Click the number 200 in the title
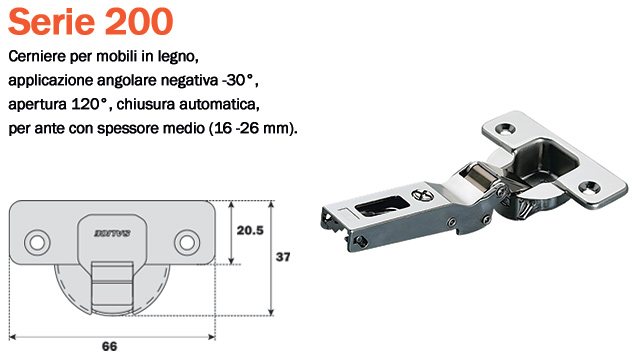coord(139,21)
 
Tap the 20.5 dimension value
coord(250,231)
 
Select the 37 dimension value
coord(283,257)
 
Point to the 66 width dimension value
coord(109,347)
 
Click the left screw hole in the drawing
coord(37,243)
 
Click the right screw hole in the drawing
coord(187,243)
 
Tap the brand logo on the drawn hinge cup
coord(112,233)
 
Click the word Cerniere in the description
coord(37,56)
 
